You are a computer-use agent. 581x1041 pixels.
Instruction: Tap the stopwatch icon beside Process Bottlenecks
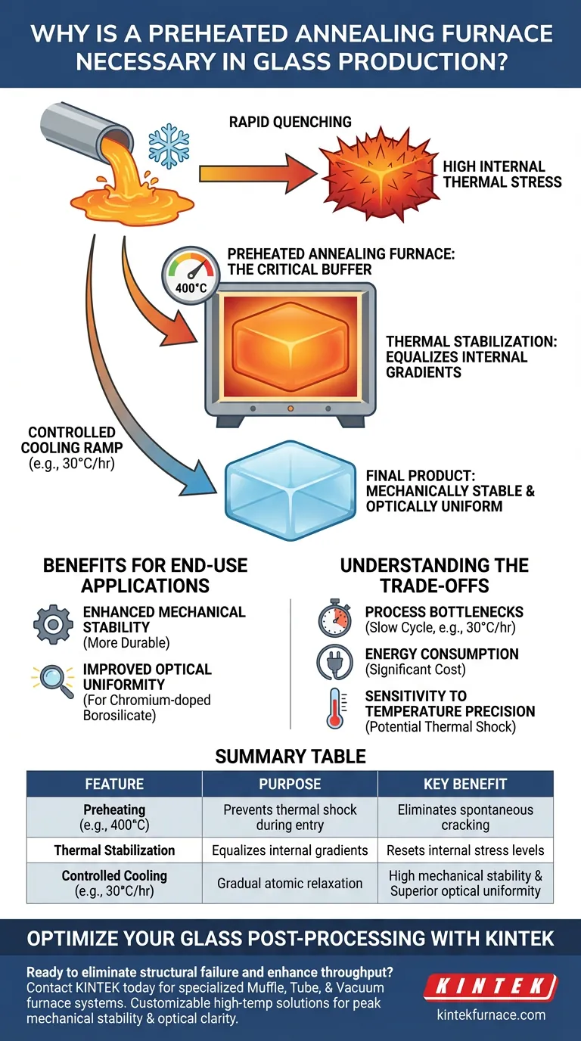tap(334, 620)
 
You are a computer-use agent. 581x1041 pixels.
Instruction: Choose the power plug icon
tap(334, 662)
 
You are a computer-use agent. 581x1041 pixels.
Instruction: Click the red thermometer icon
tap(334, 708)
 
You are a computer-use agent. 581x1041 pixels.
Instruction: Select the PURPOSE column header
tap(290, 784)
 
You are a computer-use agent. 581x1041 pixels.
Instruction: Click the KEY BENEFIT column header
tap(465, 784)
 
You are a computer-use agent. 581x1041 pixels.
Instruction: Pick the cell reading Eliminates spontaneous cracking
tap(465, 818)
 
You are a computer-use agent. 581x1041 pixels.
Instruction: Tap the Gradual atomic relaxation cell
tap(290, 883)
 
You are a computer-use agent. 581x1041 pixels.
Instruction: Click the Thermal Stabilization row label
tap(114, 850)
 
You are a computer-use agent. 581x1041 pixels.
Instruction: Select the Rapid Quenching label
tap(290, 122)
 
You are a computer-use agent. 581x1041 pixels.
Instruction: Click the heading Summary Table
tap(290, 756)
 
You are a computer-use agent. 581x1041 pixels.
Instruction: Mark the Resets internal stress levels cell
tap(465, 850)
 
